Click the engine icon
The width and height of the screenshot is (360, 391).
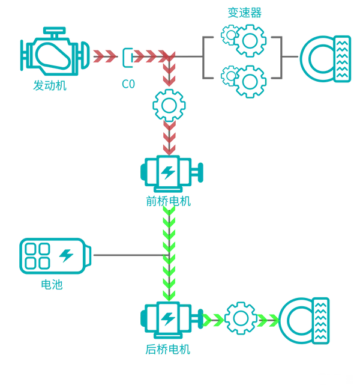[55, 52]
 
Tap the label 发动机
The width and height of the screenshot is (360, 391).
[50, 85]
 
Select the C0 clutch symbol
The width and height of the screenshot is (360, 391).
[128, 58]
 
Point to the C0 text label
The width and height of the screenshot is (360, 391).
[128, 84]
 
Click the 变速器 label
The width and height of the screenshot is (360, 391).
[244, 13]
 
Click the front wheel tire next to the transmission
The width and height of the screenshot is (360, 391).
[326, 59]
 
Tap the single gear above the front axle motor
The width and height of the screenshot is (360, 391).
[169, 106]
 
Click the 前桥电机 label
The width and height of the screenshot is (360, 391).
[169, 201]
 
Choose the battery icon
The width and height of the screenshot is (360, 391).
[55, 256]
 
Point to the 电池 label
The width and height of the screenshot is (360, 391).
[52, 285]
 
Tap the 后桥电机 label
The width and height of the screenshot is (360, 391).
[168, 350]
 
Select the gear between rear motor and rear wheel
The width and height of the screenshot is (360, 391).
[241, 318]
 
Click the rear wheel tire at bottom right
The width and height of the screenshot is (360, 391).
[304, 321]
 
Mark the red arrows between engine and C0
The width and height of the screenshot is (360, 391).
[105, 56]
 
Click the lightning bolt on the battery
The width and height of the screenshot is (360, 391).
[66, 256]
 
